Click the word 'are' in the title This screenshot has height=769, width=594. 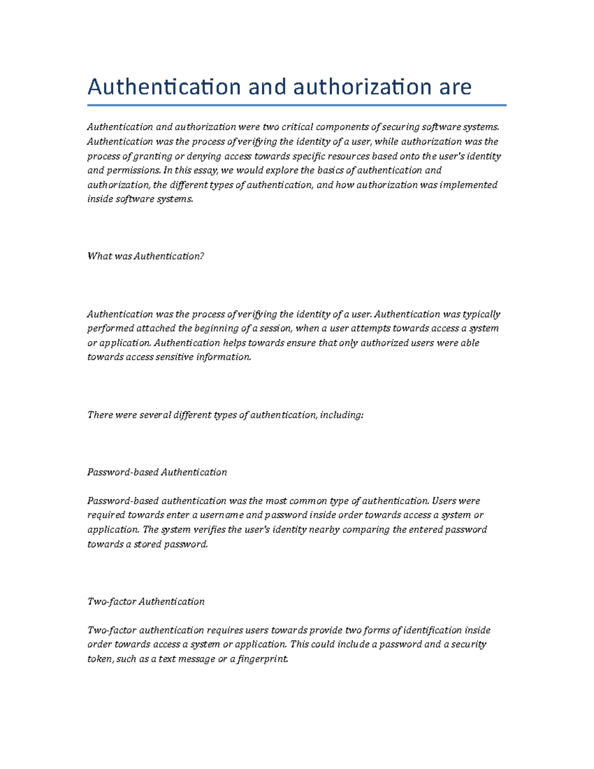pyautogui.click(x=454, y=88)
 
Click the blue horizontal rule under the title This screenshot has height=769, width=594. pyautogui.click(x=297, y=105)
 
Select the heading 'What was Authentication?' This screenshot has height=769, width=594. pyautogui.click(x=146, y=256)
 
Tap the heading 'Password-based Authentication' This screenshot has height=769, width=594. pyautogui.click(x=157, y=472)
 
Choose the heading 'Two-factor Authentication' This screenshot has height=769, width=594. pyautogui.click(x=146, y=602)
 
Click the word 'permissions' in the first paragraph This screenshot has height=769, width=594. pyautogui.click(x=133, y=170)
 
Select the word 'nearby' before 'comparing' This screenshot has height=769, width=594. pyautogui.click(x=324, y=530)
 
